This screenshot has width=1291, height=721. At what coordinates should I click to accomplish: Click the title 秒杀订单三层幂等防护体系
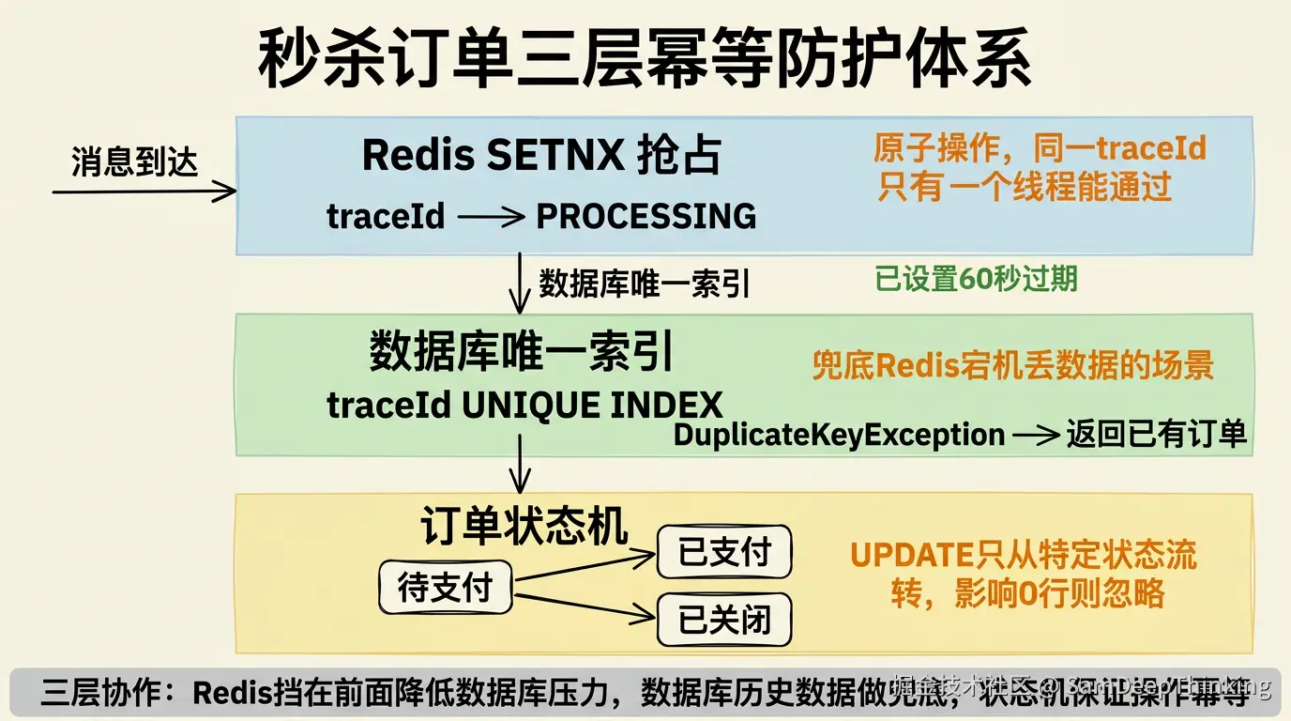[645, 57]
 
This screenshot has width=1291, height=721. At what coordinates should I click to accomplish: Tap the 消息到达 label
[135, 161]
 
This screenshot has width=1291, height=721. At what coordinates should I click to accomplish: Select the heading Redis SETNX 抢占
[541, 155]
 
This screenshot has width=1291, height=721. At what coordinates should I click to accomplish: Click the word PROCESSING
[645, 217]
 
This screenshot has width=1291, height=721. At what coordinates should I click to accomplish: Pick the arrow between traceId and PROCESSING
[490, 218]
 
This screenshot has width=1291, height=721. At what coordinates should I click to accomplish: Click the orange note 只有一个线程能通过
[1025, 187]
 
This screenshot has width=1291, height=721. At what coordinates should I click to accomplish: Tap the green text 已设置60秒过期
[976, 279]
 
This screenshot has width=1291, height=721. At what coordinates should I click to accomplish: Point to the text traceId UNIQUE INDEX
[524, 406]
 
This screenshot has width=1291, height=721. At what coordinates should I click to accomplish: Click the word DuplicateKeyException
[839, 435]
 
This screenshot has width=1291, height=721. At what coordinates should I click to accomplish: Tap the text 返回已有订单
[1156, 435]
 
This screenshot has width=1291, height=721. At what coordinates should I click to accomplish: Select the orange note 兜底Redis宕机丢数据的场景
[1013, 365]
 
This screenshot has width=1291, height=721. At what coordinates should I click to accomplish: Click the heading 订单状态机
[524, 527]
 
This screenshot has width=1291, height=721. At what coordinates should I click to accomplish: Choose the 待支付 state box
[446, 588]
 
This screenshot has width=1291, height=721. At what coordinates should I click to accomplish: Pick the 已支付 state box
[723, 552]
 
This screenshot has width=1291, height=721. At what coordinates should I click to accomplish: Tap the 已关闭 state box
[723, 620]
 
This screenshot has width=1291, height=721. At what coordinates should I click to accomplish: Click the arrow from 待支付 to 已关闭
[585, 606]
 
